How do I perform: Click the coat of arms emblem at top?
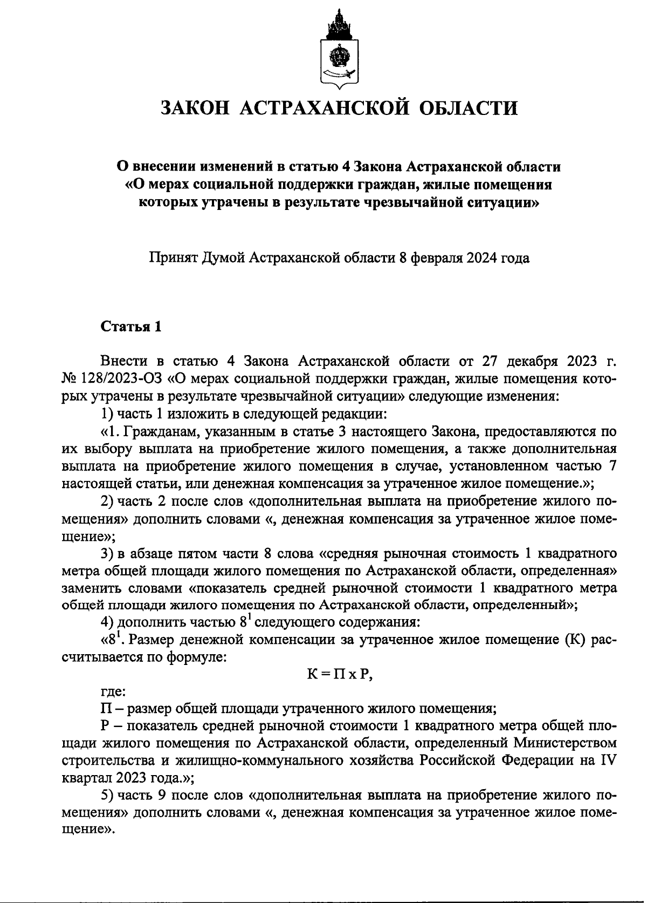pyautogui.click(x=339, y=49)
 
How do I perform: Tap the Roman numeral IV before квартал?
pyautogui.click(x=609, y=761)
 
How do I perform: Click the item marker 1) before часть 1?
pyautogui.click(x=107, y=414)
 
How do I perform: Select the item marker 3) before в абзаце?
pyautogui.click(x=107, y=554)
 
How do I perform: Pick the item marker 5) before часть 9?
pyautogui.click(x=107, y=796)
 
